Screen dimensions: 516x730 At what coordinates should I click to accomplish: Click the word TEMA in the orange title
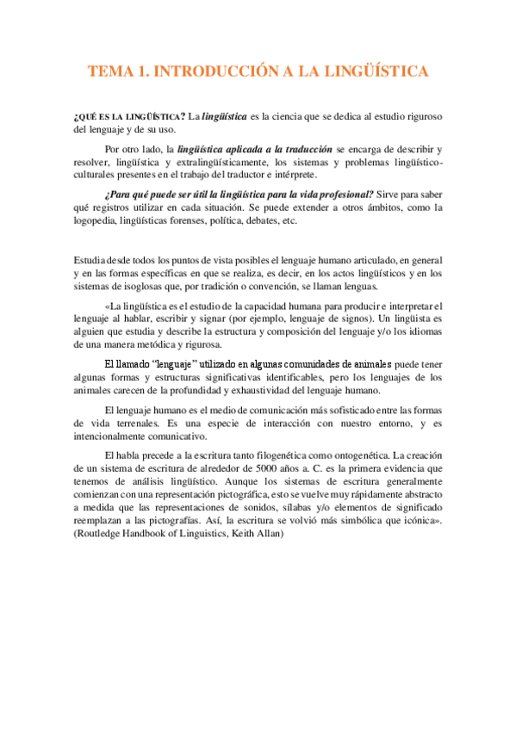pyautogui.click(x=109, y=71)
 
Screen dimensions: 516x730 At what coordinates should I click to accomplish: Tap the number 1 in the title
pyautogui.click(x=141, y=71)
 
